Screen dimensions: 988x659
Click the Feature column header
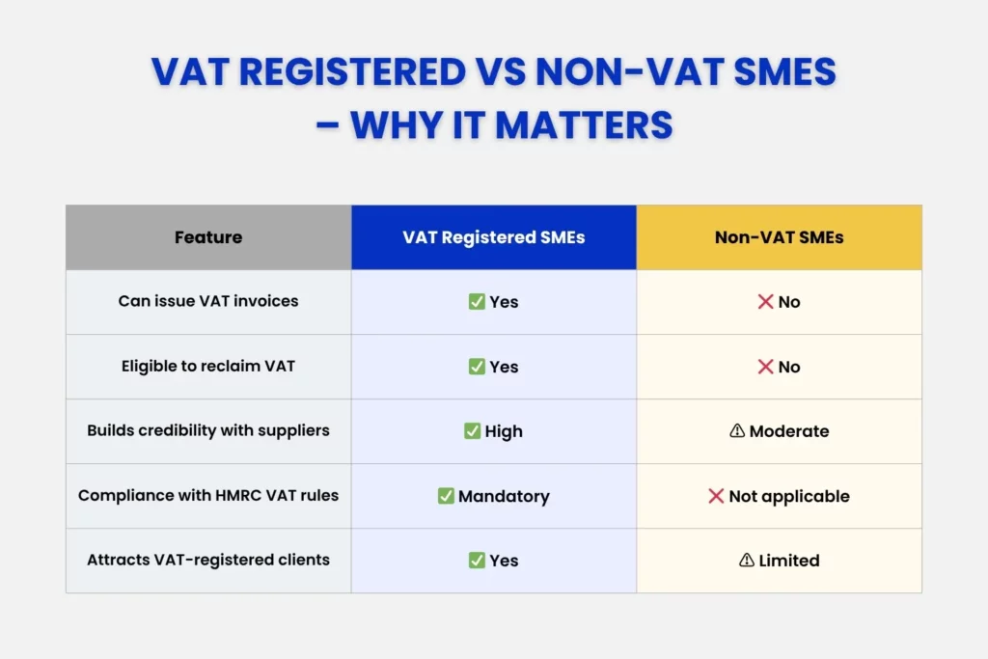tap(208, 237)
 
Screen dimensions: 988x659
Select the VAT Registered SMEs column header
tap(494, 237)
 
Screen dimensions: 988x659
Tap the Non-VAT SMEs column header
tap(779, 237)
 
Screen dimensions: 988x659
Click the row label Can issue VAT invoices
tap(208, 301)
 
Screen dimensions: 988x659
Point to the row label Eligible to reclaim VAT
tap(208, 366)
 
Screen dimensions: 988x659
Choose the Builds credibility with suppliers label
tap(208, 430)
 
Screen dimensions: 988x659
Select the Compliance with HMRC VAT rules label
tap(208, 495)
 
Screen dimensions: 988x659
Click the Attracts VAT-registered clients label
tap(208, 560)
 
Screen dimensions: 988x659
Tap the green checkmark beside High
tap(472, 431)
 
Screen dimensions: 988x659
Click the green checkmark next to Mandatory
tap(446, 496)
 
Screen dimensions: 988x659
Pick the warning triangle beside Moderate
tap(737, 430)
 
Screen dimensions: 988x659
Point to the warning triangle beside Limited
tap(747, 560)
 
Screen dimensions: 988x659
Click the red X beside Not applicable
tap(716, 496)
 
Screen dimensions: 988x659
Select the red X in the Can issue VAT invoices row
tap(765, 302)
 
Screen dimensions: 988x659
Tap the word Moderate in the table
tap(789, 431)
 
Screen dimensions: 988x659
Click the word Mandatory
tap(504, 497)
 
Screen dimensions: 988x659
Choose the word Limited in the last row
tap(789, 560)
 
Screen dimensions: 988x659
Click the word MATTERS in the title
tap(584, 124)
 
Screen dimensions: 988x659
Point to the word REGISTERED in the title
tap(353, 71)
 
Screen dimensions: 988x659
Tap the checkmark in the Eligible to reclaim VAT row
tap(477, 366)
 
